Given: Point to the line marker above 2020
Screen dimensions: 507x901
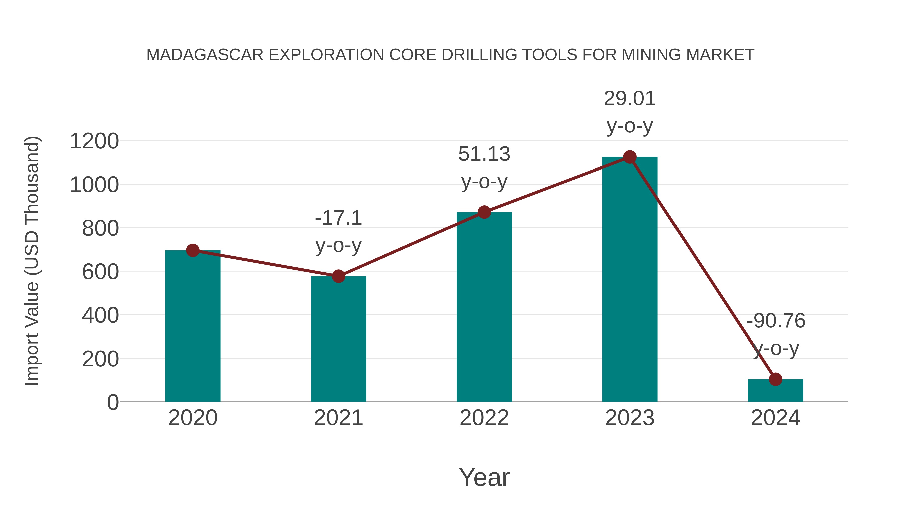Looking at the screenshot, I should pyautogui.click(x=193, y=251).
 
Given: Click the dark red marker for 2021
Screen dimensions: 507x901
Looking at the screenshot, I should pyautogui.click(x=338, y=276).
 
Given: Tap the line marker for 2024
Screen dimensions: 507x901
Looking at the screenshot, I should pyautogui.click(x=775, y=379).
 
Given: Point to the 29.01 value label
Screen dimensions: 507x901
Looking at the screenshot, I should pyautogui.click(x=630, y=99).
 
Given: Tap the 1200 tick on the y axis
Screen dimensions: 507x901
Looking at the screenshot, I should pyautogui.click(x=94, y=141).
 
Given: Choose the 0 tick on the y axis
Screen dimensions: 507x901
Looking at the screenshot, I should pyautogui.click(x=113, y=402).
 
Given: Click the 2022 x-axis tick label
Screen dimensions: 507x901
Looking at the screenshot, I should pyautogui.click(x=484, y=418).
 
